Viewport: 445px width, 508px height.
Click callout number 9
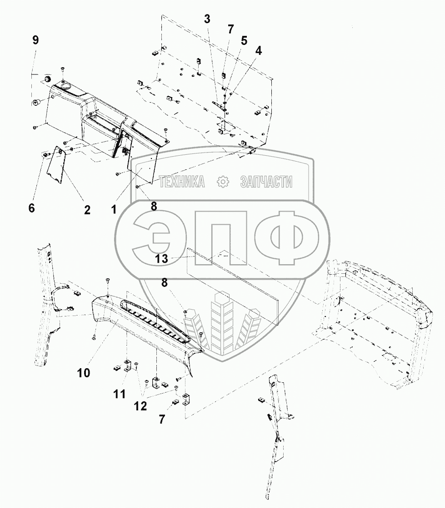[x=35, y=40]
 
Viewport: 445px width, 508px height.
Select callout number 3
[x=207, y=19]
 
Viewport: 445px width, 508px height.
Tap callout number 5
[x=244, y=40]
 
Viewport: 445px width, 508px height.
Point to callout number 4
[x=258, y=51]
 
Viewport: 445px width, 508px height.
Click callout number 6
[x=31, y=208]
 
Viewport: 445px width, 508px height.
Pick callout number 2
[x=87, y=210]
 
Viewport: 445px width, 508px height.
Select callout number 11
[x=119, y=394]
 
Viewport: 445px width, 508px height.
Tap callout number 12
[x=140, y=406]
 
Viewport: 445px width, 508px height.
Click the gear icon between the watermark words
[x=223, y=182]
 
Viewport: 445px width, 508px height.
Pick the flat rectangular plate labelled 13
[x=232, y=286]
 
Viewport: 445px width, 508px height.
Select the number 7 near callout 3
[x=230, y=30]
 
